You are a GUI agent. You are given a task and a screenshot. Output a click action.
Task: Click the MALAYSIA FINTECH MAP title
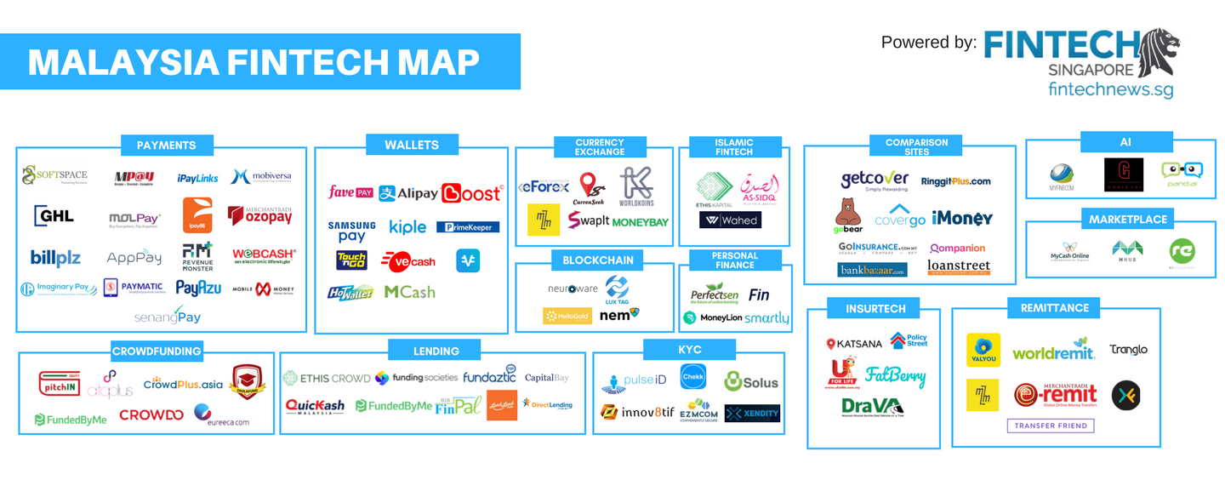(254, 62)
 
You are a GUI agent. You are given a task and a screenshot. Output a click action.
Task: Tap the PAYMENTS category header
(166, 146)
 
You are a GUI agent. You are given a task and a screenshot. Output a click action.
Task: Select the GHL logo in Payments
(54, 216)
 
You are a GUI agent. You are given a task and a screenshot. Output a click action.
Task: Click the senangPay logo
(167, 316)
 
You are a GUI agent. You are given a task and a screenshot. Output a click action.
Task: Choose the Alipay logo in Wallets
(408, 193)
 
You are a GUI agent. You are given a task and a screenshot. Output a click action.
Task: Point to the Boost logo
(472, 193)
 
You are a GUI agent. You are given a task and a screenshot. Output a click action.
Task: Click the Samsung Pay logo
(351, 231)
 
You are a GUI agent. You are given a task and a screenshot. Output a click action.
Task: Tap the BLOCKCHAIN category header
(598, 260)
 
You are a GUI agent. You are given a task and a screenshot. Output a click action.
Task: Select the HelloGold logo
(567, 316)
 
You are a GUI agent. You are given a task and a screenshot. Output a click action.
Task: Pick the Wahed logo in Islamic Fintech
(730, 220)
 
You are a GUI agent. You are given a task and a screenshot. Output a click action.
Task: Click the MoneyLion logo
(712, 317)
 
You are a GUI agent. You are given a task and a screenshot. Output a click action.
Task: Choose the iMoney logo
(961, 218)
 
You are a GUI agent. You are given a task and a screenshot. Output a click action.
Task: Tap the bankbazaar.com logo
(872, 269)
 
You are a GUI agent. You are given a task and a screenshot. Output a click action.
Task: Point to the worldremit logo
(1053, 351)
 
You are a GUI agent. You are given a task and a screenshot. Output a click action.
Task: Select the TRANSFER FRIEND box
(1050, 426)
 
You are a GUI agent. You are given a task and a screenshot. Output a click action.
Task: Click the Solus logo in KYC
(751, 381)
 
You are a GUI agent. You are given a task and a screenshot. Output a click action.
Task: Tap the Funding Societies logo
(416, 377)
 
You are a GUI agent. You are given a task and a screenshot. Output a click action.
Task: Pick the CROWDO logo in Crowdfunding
(151, 415)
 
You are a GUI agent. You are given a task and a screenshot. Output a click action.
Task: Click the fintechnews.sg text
(1110, 88)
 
